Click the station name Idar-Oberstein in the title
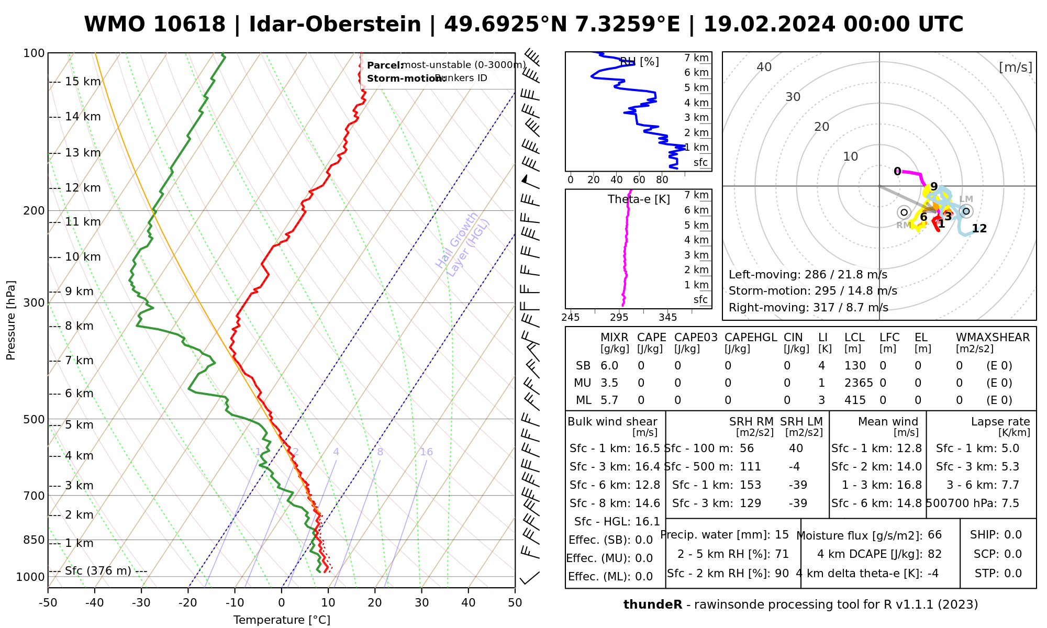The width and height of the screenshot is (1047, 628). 335,25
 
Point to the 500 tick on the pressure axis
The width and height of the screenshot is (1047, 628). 35,419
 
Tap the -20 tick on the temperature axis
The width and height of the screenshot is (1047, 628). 188,602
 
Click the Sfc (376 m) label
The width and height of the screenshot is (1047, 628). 98,570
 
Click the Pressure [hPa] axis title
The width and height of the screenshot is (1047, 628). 11,320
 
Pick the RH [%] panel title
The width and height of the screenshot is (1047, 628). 639,62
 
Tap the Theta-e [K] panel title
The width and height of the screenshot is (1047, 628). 639,199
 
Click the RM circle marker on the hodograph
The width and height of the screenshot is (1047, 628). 904,212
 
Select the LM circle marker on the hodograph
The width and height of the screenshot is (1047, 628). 966,211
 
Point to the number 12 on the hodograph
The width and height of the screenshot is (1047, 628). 979,229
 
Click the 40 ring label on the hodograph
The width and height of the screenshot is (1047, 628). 764,67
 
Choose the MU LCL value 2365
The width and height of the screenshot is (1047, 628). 859,383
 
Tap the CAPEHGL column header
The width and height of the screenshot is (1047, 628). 750,338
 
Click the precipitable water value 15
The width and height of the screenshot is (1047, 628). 782,535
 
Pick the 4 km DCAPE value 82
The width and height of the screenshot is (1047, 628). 934,554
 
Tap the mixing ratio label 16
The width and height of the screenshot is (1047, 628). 426,452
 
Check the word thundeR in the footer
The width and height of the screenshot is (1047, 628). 652,605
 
